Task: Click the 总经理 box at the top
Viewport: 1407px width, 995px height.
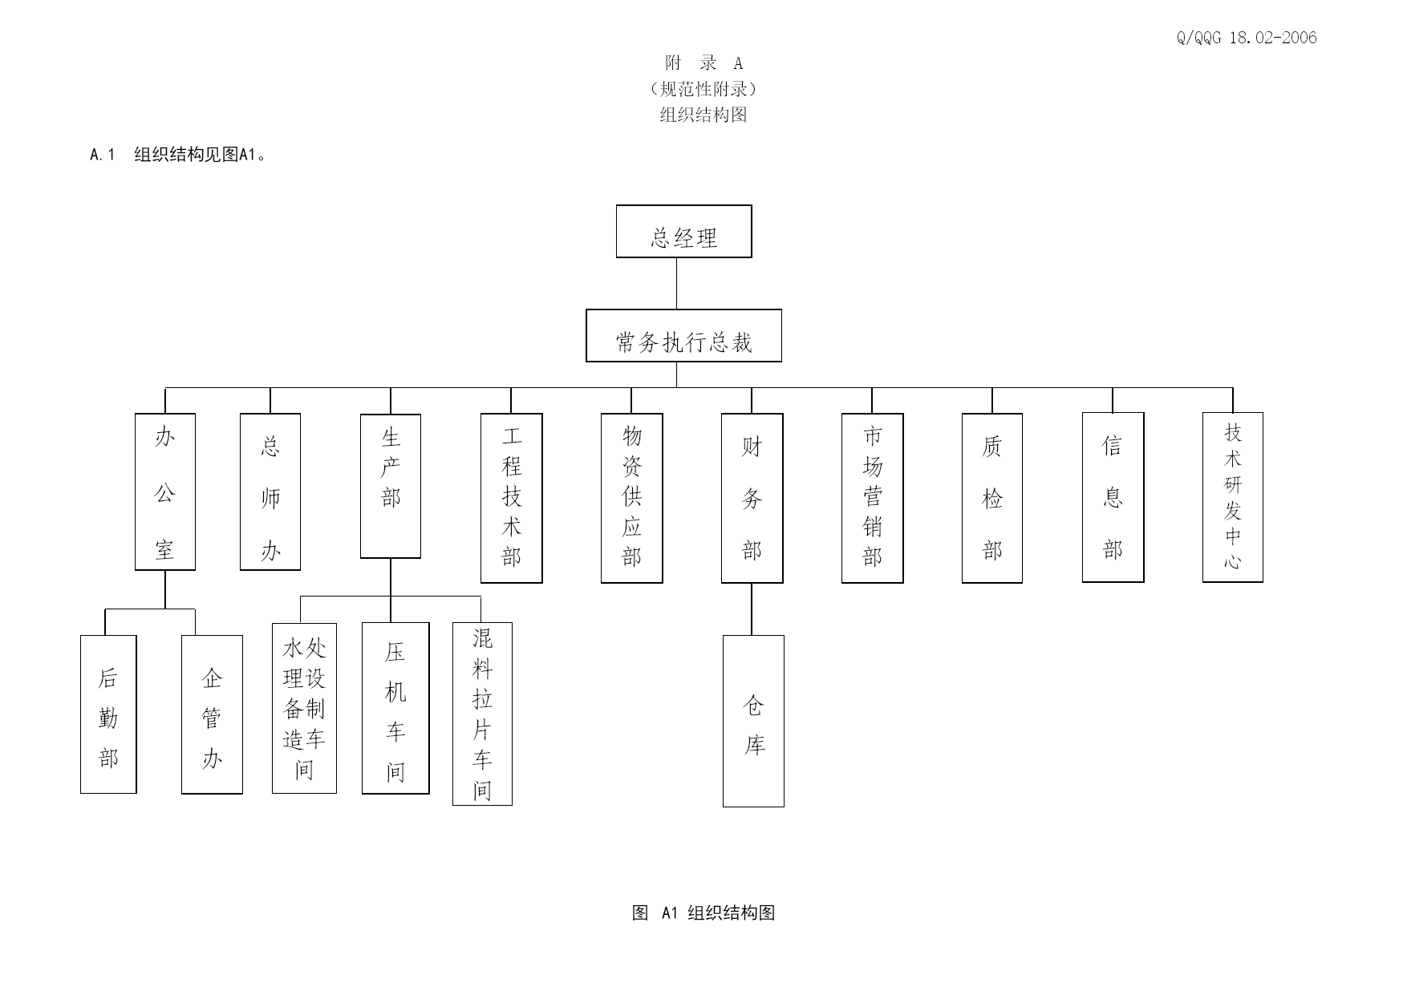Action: pyautogui.click(x=683, y=231)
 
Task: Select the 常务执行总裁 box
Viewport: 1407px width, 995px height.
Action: pyautogui.click(x=683, y=335)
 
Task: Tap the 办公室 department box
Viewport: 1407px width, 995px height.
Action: pyautogui.click(x=165, y=491)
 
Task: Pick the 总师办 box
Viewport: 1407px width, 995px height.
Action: pyautogui.click(x=270, y=491)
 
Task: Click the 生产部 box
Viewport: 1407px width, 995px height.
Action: pyautogui.click(x=391, y=486)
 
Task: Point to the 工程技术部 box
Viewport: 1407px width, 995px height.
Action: pyautogui.click(x=512, y=498)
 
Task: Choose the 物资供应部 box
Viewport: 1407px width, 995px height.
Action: pyautogui.click(x=632, y=498)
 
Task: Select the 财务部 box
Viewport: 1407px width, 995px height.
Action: pyautogui.click(x=752, y=498)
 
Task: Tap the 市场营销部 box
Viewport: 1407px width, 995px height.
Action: pyautogui.click(x=873, y=498)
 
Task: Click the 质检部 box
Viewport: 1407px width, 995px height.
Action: pyautogui.click(x=992, y=498)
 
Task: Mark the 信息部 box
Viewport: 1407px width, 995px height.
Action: pyautogui.click(x=1113, y=497)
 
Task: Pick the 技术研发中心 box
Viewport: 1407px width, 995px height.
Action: pyautogui.click(x=1233, y=497)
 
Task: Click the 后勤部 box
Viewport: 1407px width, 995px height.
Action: pyautogui.click(x=108, y=714)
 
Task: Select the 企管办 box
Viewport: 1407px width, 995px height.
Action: pyautogui.click(x=212, y=714)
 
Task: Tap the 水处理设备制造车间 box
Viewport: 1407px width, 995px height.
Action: pyautogui.click(x=304, y=708)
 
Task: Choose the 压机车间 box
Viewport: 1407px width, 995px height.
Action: pyautogui.click(x=395, y=708)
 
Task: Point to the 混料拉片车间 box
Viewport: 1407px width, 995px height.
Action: pyautogui.click(x=482, y=714)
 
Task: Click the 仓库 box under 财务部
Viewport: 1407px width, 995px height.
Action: pyautogui.click(x=753, y=721)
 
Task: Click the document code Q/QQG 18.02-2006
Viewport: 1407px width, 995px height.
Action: pyautogui.click(x=1247, y=38)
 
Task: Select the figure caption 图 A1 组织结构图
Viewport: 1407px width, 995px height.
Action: pyautogui.click(x=703, y=912)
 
